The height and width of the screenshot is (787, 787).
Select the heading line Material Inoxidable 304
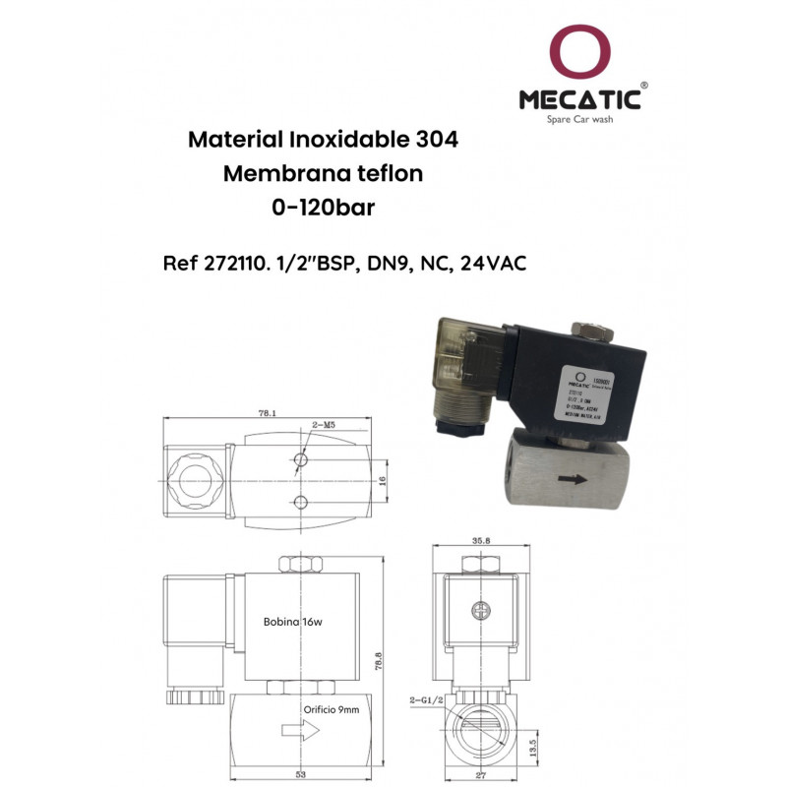(323, 140)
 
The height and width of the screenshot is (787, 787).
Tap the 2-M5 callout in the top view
(326, 425)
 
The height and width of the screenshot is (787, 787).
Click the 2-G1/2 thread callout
(427, 701)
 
